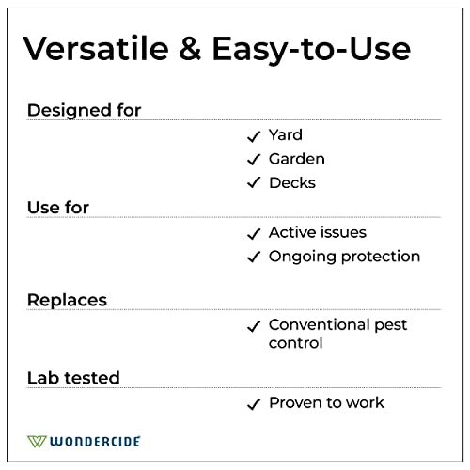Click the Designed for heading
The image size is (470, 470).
point(84,110)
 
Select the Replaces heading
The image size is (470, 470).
point(67,300)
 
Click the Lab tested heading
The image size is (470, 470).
point(73,377)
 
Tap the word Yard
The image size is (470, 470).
point(286,135)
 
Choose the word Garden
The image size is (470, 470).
point(296,159)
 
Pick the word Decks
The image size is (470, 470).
point(291,182)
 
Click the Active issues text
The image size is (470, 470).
point(317,232)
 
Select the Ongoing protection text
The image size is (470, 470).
point(344,257)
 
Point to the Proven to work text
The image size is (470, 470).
point(326,402)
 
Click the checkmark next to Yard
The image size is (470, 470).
point(253,136)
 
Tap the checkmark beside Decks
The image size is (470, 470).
point(253,183)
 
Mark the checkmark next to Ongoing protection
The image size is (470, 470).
point(253,258)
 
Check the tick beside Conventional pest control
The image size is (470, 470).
point(253,326)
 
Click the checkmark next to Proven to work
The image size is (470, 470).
point(253,404)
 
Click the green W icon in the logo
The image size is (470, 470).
point(38,440)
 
